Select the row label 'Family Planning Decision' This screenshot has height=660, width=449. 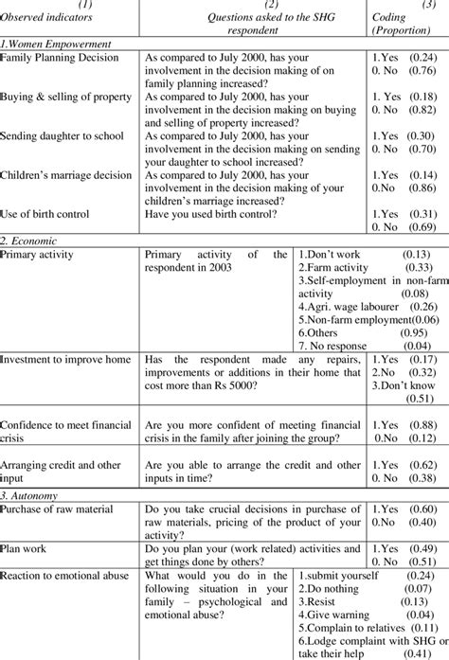(60, 58)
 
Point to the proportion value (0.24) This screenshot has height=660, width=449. (426, 58)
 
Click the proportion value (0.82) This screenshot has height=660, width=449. (426, 110)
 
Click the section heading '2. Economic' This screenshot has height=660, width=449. (31, 241)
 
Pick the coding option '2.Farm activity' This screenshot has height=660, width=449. (337, 267)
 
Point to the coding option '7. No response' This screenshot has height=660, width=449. (334, 345)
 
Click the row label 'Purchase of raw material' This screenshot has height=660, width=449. (60, 509)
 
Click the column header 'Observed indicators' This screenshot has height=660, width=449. (48, 19)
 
